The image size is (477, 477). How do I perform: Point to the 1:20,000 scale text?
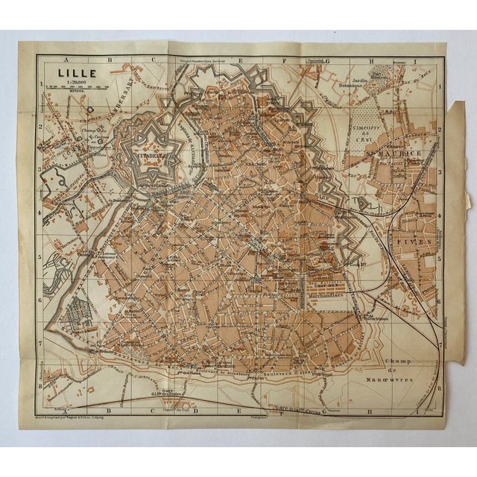coord(66,83)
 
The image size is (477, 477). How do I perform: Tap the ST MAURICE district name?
coord(388,152)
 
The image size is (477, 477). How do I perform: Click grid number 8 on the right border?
coord(441,388)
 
